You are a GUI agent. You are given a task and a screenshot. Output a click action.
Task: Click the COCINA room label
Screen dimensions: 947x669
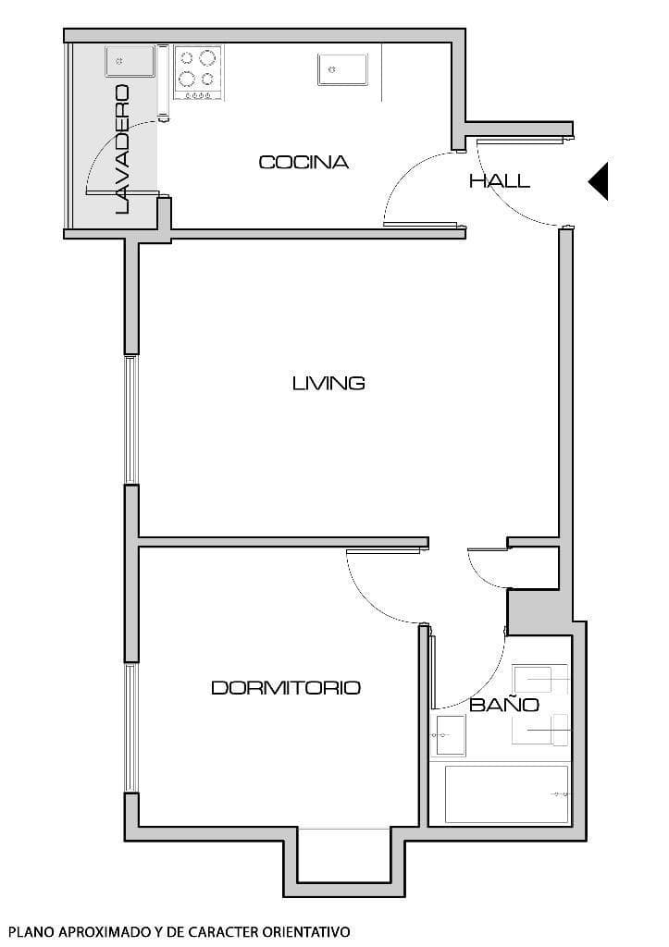[304, 163]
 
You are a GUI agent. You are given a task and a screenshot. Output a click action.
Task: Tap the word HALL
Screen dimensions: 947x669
[500, 181]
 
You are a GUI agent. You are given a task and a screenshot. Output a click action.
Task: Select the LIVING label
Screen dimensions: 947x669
[328, 383]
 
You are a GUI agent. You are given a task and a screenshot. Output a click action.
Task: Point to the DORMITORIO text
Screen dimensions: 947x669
[286, 688]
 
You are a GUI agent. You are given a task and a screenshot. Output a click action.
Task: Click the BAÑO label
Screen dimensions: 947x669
[503, 706]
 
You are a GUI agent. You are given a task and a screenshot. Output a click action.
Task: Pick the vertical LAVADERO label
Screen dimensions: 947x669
[122, 150]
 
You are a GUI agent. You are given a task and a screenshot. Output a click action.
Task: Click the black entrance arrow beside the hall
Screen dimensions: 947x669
[599, 180]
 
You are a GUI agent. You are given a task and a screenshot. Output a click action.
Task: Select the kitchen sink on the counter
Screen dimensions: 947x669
[343, 68]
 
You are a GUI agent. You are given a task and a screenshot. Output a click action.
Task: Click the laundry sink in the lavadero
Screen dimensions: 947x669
[128, 63]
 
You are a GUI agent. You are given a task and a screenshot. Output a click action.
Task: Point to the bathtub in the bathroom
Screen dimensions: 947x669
[505, 793]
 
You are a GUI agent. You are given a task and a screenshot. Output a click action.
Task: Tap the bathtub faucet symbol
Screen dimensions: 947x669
[558, 793]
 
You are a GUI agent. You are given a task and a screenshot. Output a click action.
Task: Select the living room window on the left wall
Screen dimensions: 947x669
[131, 419]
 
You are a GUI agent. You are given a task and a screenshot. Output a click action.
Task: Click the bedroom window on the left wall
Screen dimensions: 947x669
[131, 727]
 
